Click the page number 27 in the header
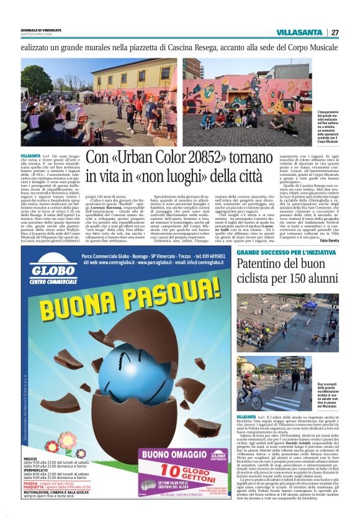tap(335, 32)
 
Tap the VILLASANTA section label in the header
tap(299, 32)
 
